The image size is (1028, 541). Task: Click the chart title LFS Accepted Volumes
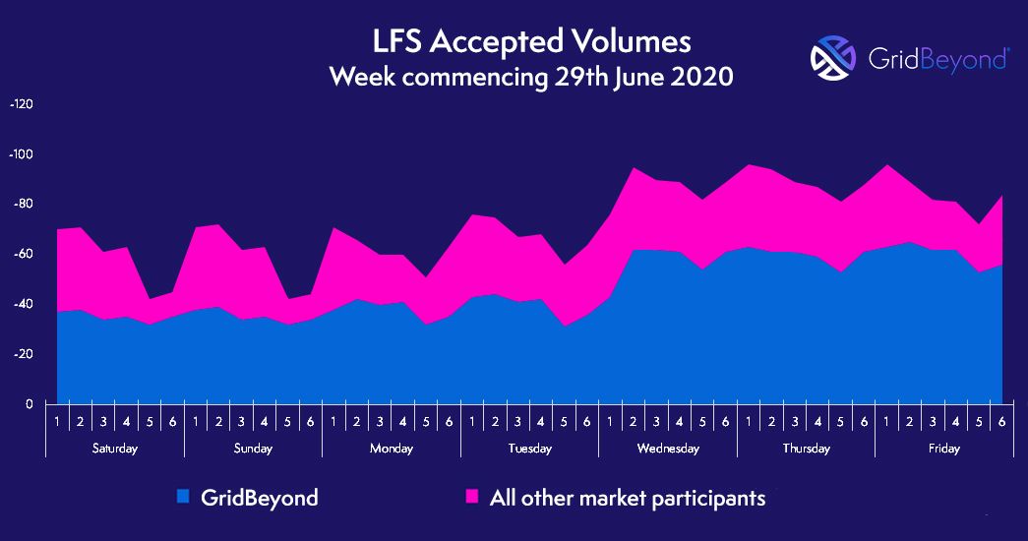(x=531, y=42)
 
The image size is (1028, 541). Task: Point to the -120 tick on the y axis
(x=21, y=104)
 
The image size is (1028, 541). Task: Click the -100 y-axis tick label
(x=21, y=154)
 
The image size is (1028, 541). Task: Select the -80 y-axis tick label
(x=22, y=205)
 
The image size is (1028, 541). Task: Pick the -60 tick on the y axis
(x=22, y=254)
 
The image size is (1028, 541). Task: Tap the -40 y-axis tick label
(x=22, y=304)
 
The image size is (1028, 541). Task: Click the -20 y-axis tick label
(x=22, y=354)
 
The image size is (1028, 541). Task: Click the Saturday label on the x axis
(x=115, y=449)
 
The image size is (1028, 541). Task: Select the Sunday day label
(x=253, y=449)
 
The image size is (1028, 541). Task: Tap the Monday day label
(x=391, y=449)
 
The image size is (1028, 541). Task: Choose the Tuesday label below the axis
(x=529, y=449)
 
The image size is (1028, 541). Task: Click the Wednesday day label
(x=667, y=449)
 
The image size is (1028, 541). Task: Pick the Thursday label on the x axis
(x=806, y=449)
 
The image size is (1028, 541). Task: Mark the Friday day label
(x=943, y=449)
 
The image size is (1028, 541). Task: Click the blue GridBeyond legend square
(x=183, y=497)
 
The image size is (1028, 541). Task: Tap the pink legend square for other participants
(x=471, y=497)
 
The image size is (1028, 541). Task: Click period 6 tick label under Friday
(x=1001, y=422)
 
